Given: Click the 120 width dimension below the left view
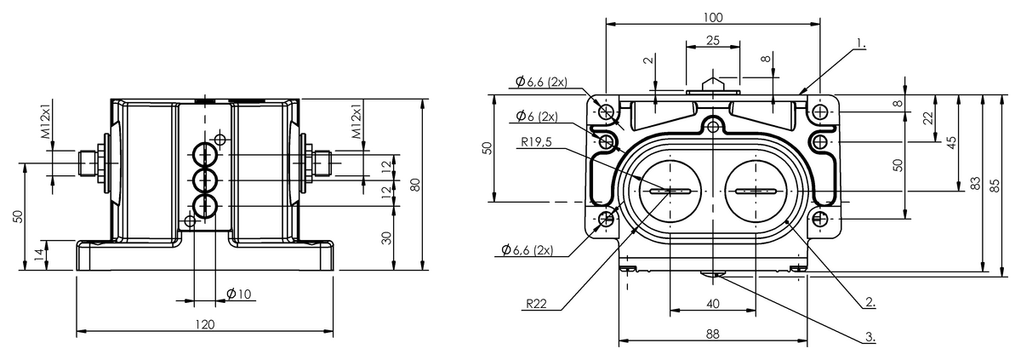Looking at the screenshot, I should [205, 324].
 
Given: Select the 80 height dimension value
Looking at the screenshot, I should [415, 185].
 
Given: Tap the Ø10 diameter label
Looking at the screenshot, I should [239, 294].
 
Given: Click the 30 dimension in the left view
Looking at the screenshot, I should [387, 238].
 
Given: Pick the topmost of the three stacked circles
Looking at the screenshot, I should [204, 154].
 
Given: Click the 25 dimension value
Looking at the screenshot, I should [713, 41].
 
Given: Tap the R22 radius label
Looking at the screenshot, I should [538, 302].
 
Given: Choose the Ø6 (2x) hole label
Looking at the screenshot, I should [537, 116].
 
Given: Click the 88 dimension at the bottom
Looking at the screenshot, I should [713, 334].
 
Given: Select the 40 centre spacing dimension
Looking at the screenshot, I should [713, 303].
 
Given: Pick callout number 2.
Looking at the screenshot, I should [870, 301].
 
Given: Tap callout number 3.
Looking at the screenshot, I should [870, 336].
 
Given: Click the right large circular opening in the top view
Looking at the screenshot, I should [755, 191].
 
